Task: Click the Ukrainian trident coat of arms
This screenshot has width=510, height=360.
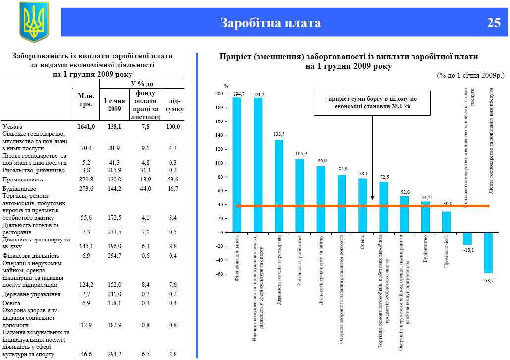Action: click(34, 21)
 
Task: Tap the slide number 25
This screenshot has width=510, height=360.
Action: click(494, 23)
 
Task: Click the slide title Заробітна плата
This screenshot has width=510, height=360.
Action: click(270, 23)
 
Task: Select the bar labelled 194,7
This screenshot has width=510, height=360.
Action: click(237, 164)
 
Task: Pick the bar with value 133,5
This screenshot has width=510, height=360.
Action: click(279, 185)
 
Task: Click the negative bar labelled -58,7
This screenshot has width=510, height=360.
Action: click(488, 252)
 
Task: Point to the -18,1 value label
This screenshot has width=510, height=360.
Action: click(467, 250)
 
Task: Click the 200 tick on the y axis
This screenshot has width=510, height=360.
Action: click(219, 94)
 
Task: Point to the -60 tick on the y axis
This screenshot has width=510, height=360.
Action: click(219, 274)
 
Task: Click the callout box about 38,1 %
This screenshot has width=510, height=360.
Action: click(372, 103)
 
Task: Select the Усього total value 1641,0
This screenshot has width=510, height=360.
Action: click(86, 127)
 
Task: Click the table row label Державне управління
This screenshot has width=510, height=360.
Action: click(32, 294)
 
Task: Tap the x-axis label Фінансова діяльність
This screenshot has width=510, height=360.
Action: click(237, 257)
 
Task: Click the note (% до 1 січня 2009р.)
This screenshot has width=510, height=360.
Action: click(470, 75)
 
